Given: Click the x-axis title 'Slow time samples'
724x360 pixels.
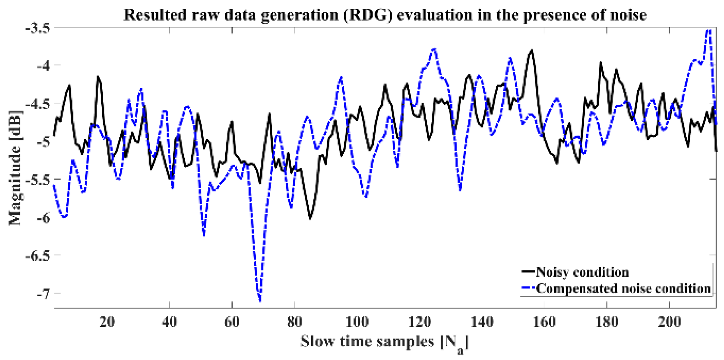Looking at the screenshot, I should pos(367,342).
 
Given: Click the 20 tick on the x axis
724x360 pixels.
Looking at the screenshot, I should pos(107,321).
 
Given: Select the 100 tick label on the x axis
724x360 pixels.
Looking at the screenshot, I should pos(357,321).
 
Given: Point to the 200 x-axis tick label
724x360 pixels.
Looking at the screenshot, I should pos(669,321).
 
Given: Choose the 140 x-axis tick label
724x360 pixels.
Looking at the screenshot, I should pos(482,321).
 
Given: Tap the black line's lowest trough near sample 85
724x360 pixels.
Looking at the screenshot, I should pos(310,218).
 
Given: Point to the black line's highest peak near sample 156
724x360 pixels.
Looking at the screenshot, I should pos(532,51).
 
